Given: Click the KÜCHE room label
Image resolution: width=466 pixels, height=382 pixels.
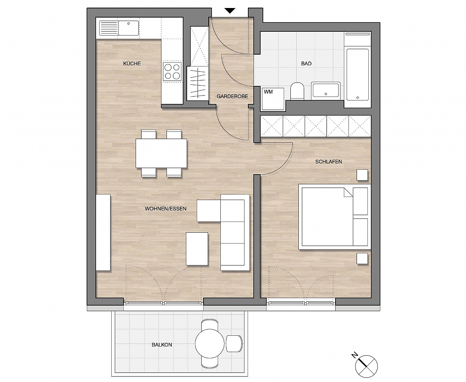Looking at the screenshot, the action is [x=132, y=63].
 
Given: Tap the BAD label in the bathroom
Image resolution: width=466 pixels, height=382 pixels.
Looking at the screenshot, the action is [x=306, y=63].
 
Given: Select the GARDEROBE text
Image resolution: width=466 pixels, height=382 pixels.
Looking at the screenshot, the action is [x=232, y=96].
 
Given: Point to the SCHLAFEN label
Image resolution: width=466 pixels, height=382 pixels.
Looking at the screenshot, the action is [x=328, y=162].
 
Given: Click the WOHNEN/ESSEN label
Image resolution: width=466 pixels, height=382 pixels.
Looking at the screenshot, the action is [x=166, y=209].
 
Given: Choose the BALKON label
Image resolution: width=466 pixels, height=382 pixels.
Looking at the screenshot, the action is [x=162, y=345].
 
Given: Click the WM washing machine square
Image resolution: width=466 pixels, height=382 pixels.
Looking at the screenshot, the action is [x=273, y=99].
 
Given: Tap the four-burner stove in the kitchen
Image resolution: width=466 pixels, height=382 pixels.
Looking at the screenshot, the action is [x=172, y=71].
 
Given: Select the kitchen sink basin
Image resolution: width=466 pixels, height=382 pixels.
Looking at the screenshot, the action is [x=129, y=28].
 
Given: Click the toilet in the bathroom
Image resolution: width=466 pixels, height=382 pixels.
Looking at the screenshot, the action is [x=297, y=91].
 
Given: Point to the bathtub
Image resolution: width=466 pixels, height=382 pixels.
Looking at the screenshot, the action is [x=357, y=74].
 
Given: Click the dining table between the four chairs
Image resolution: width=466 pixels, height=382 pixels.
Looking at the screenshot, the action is [x=161, y=153].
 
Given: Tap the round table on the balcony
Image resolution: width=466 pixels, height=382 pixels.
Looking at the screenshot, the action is [x=209, y=343].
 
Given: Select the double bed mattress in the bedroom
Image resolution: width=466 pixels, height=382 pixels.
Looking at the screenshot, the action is [x=335, y=217].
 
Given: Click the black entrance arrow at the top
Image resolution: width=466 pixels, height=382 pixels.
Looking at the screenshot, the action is [x=230, y=11].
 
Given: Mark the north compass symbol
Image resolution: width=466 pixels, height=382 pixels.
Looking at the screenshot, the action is [x=367, y=366].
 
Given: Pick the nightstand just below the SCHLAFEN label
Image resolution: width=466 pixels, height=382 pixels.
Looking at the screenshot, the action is [x=362, y=175].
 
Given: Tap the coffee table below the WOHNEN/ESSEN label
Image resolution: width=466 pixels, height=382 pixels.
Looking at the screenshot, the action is [x=197, y=249].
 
